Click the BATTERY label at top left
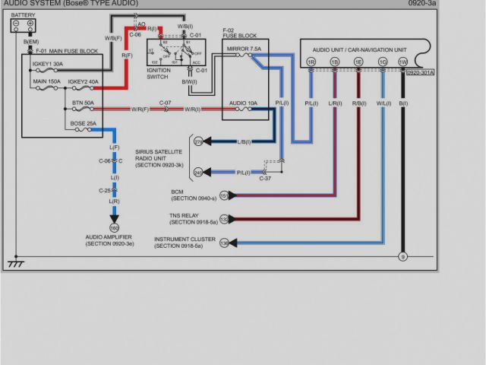23,15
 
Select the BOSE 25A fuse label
82,123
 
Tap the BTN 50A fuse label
83,102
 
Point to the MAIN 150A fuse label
48,81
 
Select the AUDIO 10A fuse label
243,102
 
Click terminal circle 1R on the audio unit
311,61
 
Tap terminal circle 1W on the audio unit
402,61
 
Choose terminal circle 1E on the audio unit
358,61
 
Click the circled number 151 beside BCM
224,195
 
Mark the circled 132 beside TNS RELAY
224,219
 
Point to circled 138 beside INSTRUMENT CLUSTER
224,243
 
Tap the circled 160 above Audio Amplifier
115,227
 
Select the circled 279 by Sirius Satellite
198,141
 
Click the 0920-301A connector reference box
420,73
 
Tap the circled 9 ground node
402,256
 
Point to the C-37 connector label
265,178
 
